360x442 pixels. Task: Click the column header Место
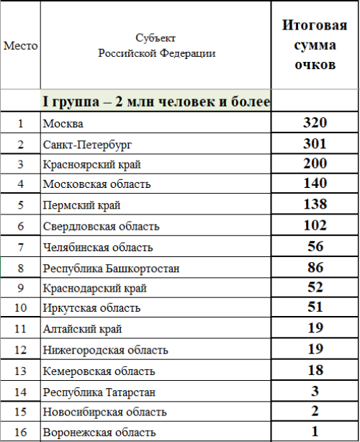[x=20, y=45]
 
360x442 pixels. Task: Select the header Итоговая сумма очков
[x=315, y=45]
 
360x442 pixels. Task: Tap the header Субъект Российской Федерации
[x=155, y=45]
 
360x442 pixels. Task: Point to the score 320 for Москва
[x=315, y=122]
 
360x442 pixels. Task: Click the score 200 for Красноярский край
[x=315, y=163]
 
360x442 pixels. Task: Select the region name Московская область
[x=96, y=184]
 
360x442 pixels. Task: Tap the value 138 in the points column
[x=315, y=204]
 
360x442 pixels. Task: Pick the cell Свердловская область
[x=101, y=226]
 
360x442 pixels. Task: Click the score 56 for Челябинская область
[x=315, y=246]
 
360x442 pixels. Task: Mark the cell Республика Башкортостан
[x=111, y=268]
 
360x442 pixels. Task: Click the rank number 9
[x=20, y=288]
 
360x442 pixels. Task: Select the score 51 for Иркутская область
[x=315, y=308]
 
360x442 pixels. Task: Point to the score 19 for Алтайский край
[x=315, y=329]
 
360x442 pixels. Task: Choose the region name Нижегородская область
[x=105, y=351]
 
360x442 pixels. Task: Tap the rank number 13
[x=20, y=371]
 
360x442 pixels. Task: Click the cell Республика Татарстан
[x=99, y=392]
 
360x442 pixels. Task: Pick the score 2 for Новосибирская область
[x=315, y=412]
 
